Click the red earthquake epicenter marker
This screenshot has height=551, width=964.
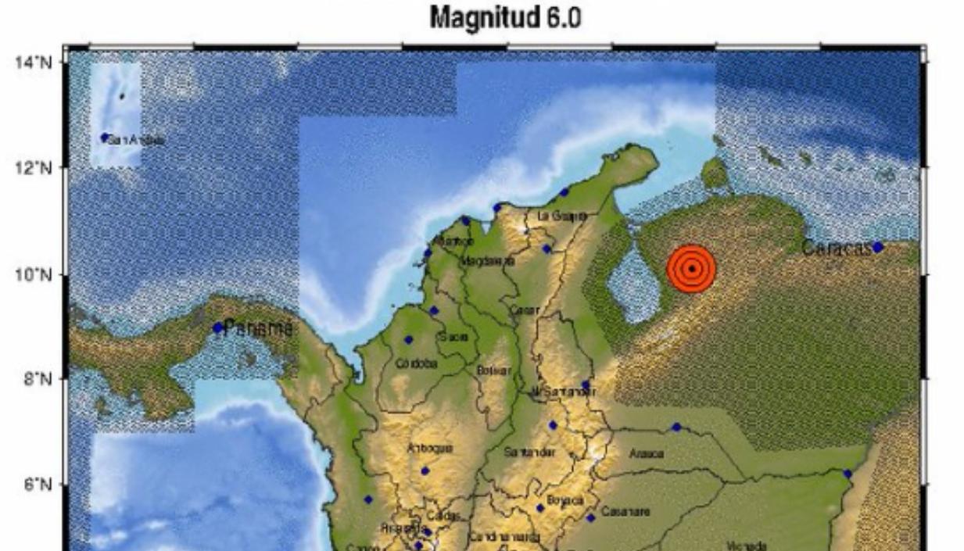(x=692, y=269)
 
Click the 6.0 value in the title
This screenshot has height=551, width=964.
(x=564, y=18)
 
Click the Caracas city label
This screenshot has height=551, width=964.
(x=836, y=249)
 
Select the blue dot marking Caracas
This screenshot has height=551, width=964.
(x=878, y=247)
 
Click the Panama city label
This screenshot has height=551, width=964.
(x=259, y=329)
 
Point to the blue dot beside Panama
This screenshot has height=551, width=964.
(x=217, y=327)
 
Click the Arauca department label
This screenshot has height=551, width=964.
(x=647, y=453)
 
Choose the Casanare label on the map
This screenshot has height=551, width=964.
(x=621, y=513)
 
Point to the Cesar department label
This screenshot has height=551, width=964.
(x=525, y=309)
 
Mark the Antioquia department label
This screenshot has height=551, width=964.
(x=429, y=448)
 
